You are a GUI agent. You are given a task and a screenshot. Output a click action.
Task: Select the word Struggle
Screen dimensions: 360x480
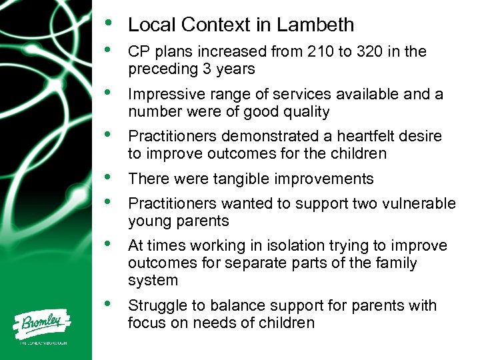pos(156,306)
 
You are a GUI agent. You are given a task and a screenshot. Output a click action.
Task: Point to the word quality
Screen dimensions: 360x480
pos(303,111)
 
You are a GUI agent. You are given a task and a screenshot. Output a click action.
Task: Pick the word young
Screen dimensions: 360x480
pos(147,221)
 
